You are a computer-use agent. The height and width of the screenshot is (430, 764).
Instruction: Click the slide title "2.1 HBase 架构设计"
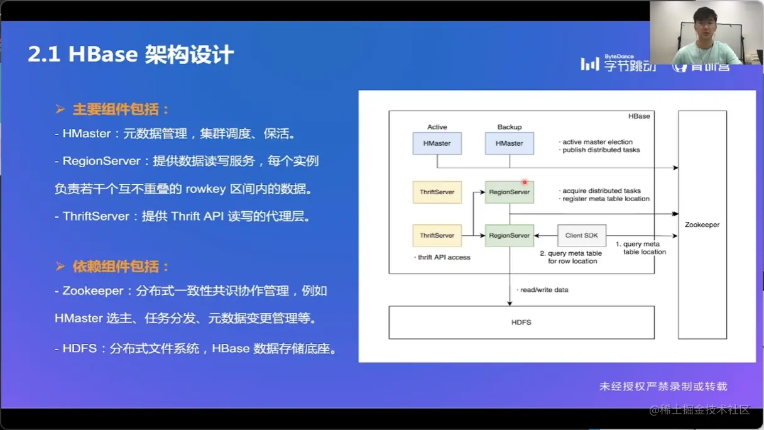[131, 55]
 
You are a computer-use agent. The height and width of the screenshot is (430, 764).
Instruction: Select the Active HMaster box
[437, 143]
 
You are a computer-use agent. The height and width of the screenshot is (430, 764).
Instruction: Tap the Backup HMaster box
[509, 143]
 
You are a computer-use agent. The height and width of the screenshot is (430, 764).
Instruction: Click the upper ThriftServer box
[437, 192]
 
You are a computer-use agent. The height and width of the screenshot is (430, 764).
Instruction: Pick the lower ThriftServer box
[437, 236]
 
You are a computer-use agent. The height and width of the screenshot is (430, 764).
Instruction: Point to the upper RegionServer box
[509, 192]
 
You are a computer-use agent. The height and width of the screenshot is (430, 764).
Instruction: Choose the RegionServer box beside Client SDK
[509, 236]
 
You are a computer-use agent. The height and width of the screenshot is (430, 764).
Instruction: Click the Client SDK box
[582, 236]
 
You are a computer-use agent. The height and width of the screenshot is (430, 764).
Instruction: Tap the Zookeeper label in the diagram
[702, 224]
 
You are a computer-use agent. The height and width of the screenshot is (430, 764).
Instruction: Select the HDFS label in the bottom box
[521, 322]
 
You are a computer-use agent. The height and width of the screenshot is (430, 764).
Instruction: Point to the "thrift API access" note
[444, 257]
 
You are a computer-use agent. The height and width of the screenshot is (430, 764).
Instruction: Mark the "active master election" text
[597, 142]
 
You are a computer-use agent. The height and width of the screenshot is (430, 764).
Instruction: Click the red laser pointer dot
[525, 182]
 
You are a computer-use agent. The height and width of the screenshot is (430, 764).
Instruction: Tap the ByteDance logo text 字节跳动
[630, 65]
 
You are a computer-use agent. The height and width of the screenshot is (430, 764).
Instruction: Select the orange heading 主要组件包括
[121, 109]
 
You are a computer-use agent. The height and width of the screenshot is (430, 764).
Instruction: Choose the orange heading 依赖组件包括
[121, 267]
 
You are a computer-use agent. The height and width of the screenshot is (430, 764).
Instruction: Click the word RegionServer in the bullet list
[101, 161]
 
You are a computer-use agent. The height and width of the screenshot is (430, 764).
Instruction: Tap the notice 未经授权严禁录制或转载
[663, 387]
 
